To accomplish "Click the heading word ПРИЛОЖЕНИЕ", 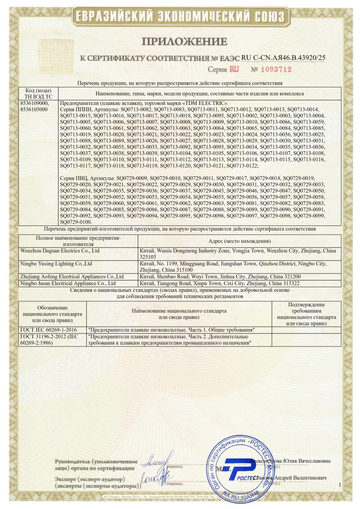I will point(185,42).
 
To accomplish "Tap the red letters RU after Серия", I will point(234,70).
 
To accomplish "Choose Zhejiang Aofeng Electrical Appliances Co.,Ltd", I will point(73,276).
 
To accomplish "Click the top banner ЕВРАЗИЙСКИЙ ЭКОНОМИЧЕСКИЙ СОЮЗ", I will point(180,17).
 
